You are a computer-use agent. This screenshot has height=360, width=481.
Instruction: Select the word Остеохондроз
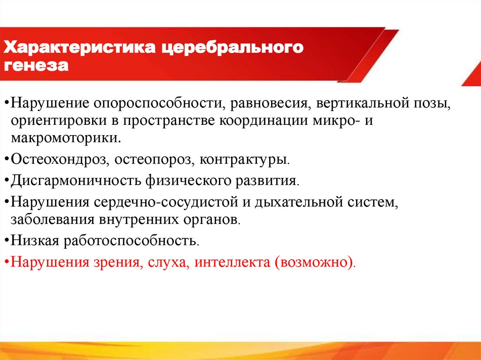coord(58,160)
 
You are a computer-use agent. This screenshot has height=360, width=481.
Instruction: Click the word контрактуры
coord(244,160)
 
